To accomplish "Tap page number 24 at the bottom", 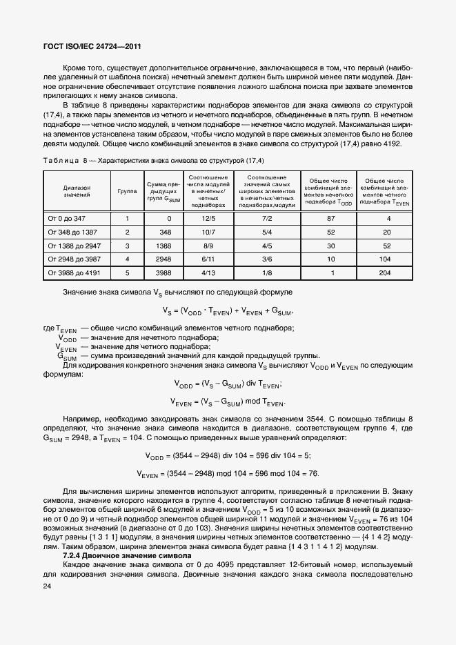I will (46, 586).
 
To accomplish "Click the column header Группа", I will (127, 190).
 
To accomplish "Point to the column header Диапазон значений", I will (77, 191).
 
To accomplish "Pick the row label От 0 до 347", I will (67, 219).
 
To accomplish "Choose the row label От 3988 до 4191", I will (73, 272).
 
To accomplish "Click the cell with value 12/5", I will (209, 219).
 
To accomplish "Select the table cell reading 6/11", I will (209, 259).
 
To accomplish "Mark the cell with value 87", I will (331, 219).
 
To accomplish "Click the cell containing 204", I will (388, 272).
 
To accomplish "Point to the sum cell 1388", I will (164, 246).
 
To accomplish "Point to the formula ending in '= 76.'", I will (228, 473).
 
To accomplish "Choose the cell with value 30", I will (331, 246).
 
